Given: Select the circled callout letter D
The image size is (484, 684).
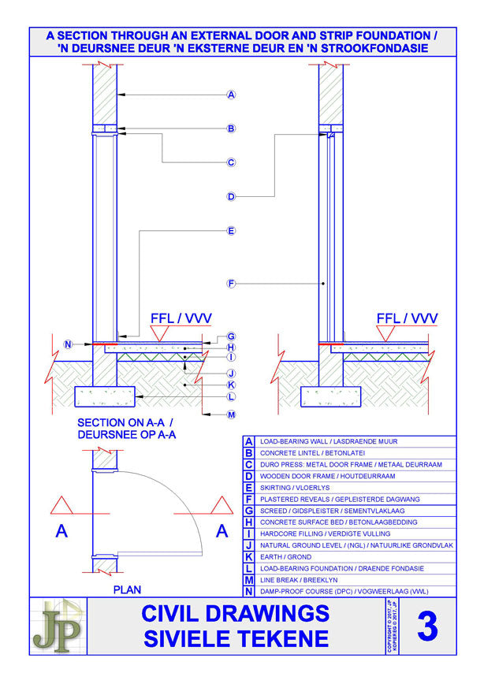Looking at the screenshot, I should (x=231, y=196).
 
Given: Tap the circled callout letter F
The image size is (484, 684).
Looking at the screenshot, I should (x=231, y=283).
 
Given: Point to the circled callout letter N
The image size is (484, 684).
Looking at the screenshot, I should (x=68, y=344).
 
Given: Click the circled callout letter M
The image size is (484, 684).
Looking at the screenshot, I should (x=231, y=414).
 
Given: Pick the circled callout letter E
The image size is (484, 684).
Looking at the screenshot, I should (x=231, y=231).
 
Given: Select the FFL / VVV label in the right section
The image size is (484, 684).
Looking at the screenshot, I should (x=407, y=318).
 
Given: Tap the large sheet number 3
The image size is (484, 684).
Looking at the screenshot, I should (x=426, y=626).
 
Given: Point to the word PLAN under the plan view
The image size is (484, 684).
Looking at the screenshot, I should (x=127, y=589).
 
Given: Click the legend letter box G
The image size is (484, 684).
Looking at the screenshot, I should (x=248, y=511).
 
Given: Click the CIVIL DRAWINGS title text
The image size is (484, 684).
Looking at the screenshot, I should (x=235, y=612).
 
